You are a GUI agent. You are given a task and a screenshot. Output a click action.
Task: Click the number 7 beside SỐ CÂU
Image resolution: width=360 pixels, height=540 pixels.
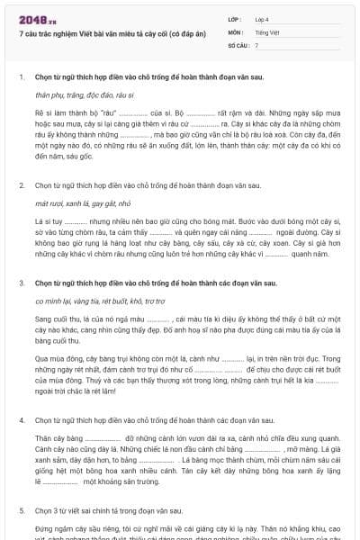click(x=256, y=44)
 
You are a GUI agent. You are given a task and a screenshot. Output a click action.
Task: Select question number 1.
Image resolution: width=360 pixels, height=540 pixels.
click(x=21, y=76)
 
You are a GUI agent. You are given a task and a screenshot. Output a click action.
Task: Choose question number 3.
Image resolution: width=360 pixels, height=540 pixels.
click(x=21, y=283)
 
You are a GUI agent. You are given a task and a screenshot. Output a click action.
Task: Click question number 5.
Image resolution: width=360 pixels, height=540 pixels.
click(x=21, y=508)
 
